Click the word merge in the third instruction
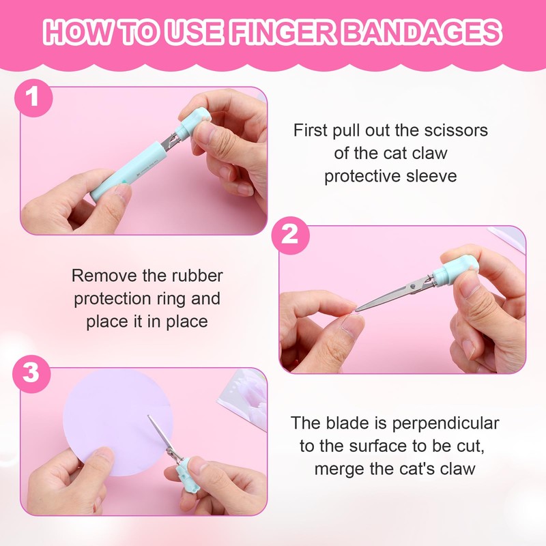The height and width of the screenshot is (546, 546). pos(341,470)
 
